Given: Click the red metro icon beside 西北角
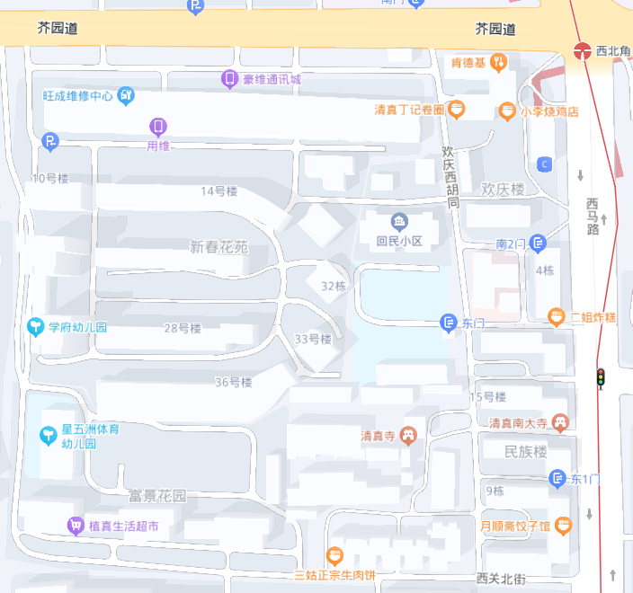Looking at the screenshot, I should (x=583, y=51).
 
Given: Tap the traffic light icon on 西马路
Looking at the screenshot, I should (x=600, y=378).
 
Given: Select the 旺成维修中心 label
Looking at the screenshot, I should (x=78, y=95).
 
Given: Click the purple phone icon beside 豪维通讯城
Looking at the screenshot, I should (x=229, y=79).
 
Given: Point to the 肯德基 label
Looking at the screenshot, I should (x=468, y=63).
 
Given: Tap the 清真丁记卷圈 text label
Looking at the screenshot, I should (x=409, y=110).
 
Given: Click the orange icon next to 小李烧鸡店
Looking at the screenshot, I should (x=507, y=111).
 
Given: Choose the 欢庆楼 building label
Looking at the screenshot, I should (x=503, y=190).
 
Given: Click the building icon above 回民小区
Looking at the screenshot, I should (x=398, y=221).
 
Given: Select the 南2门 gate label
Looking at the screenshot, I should (x=510, y=243).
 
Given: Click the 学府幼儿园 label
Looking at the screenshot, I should (x=77, y=327).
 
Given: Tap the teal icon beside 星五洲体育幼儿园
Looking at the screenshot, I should (x=48, y=436).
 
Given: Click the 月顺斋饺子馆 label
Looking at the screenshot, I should (x=515, y=526).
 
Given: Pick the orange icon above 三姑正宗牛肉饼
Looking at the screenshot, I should (x=334, y=555).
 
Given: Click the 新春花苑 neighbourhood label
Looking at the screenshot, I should (x=218, y=246).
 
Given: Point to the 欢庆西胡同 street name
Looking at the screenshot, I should (x=450, y=178).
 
